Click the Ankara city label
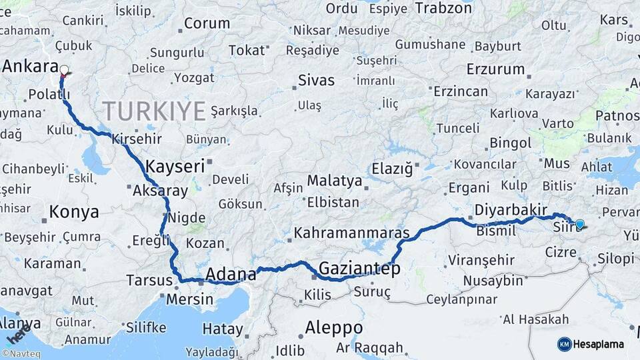click(x=31, y=66)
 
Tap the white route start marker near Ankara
click(x=64, y=69)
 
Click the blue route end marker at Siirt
click(x=579, y=225)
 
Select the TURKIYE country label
click(x=154, y=111)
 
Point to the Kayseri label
click(x=175, y=166)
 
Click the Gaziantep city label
click(x=359, y=269)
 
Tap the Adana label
click(x=231, y=273)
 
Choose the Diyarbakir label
click(x=510, y=210)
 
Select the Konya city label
click(x=74, y=212)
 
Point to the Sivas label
click(x=316, y=81)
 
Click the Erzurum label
click(x=495, y=69)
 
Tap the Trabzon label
click(x=444, y=8)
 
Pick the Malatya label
click(x=335, y=181)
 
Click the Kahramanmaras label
click(x=351, y=233)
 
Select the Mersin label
click(x=189, y=299)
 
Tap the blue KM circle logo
click(x=564, y=344)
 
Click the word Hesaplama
click(x=599, y=344)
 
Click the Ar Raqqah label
click(x=370, y=347)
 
